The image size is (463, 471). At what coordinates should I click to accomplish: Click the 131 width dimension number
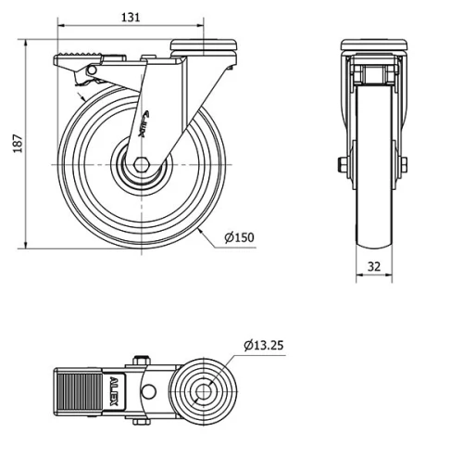point(131,18)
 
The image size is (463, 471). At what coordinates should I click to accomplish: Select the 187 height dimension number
point(18,144)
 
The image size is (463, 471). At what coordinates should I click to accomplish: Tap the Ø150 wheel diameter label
point(239,237)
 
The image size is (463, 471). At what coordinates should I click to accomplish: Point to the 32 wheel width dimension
point(374,266)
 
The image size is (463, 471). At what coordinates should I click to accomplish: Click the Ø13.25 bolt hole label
point(263,345)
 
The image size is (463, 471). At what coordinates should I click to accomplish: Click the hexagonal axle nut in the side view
point(142,164)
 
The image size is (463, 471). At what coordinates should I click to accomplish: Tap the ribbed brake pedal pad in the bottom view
point(79,392)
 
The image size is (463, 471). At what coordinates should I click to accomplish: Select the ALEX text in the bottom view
point(114,391)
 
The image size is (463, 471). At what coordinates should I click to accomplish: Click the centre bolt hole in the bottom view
point(204,392)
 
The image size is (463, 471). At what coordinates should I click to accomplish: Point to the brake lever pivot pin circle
point(92,70)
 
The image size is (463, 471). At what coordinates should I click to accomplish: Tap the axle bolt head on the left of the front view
point(342,164)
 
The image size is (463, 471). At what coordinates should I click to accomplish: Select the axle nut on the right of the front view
point(404,164)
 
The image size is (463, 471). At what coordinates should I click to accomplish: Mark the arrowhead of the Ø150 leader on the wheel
point(200,230)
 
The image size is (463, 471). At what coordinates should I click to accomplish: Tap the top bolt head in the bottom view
point(142,361)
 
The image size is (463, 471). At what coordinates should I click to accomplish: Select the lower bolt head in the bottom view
point(142,422)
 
